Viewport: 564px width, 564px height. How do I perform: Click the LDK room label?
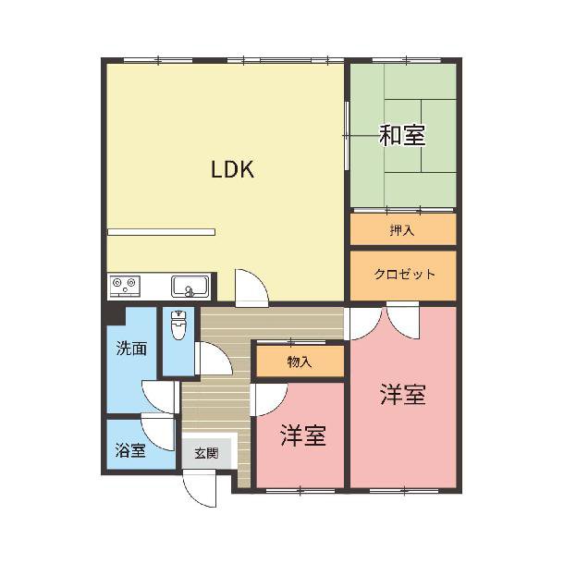point(232,169)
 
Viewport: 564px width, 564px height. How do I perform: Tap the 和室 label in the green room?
point(402,135)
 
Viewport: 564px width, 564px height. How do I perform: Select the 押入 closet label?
point(402,230)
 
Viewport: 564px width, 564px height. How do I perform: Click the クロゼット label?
point(404,275)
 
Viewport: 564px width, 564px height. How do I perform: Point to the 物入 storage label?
point(300,362)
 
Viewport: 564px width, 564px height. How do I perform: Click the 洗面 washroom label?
point(131,349)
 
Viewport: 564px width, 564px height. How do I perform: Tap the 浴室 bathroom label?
point(130,450)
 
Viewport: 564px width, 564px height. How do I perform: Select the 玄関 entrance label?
point(206,453)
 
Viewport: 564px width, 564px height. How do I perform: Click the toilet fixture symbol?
point(178,325)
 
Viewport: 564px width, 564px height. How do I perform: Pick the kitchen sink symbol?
point(190,287)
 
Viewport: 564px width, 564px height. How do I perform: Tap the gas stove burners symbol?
point(125,286)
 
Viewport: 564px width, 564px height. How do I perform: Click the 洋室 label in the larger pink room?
point(403,395)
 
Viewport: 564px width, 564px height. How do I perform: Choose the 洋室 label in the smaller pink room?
point(303,435)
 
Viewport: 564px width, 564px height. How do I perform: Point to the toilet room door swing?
point(214,358)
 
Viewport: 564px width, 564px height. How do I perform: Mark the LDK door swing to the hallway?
point(251,288)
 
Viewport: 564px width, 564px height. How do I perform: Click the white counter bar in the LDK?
point(161,232)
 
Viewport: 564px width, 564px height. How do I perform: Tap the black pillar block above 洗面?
point(115,313)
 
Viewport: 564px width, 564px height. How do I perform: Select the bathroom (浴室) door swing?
point(157,432)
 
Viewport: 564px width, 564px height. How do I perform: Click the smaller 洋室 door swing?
point(269,399)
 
